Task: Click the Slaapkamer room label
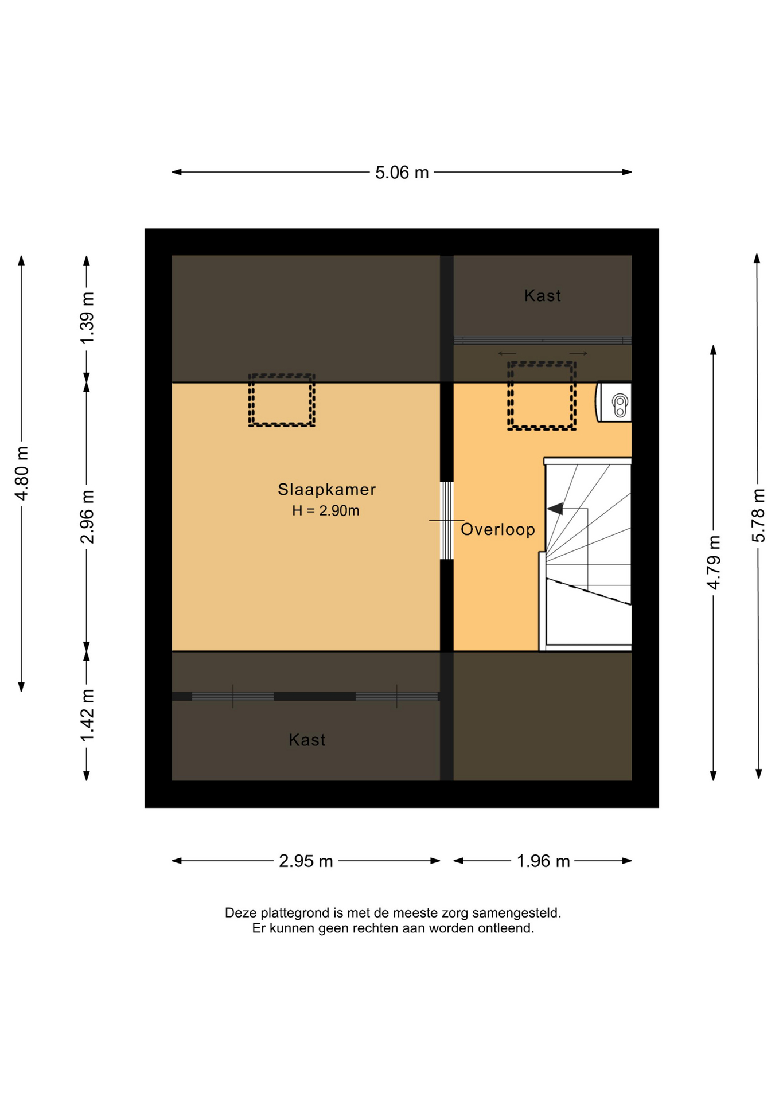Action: coord(326,489)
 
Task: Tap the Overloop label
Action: coord(497,529)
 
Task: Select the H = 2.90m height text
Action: coord(325,510)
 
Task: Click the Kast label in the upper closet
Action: coord(542,295)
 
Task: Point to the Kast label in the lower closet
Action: coord(307,740)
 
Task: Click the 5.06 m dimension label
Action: coord(402,173)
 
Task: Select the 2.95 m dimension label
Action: coord(306,861)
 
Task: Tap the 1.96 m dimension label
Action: coord(543,861)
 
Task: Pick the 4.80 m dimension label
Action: coord(22,473)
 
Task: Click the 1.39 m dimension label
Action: coord(87,318)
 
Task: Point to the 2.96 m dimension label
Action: coord(87,517)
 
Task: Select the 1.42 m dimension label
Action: coord(87,715)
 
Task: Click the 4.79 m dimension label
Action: coord(713,563)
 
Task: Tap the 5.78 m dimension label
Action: coord(758,516)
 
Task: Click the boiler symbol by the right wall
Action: coord(614,402)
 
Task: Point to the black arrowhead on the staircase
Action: coord(555,509)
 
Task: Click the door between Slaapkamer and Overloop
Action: coord(446,521)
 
